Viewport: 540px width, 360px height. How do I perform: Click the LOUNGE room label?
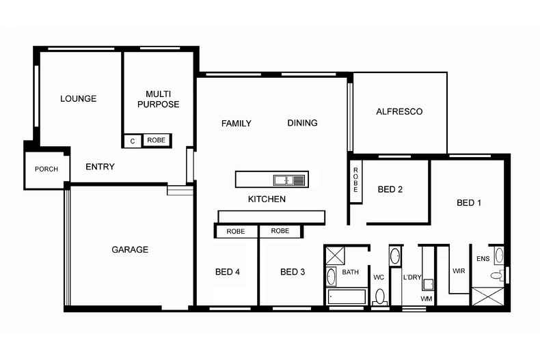pos(78,98)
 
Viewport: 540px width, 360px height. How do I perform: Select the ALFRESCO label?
pos(399,111)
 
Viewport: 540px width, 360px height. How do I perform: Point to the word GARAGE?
pos(130,250)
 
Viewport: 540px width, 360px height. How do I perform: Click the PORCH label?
pos(46,169)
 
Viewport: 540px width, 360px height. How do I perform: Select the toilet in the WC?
pos(380,297)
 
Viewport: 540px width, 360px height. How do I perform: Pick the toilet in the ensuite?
pos(495,275)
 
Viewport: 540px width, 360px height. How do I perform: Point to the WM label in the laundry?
pos(426,299)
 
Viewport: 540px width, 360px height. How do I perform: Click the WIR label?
pos(459,271)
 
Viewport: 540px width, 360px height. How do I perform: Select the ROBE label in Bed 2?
pos(355,182)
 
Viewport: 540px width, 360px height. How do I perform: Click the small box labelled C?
pos(132,141)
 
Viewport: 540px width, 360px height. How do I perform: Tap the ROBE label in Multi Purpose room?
pos(157,141)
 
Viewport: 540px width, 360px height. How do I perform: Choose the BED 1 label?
pos(469,203)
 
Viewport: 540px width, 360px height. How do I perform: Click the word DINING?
pos(302,123)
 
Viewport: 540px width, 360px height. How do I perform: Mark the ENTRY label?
pos(100,167)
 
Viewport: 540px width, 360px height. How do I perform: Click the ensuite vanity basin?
pos(499,255)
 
